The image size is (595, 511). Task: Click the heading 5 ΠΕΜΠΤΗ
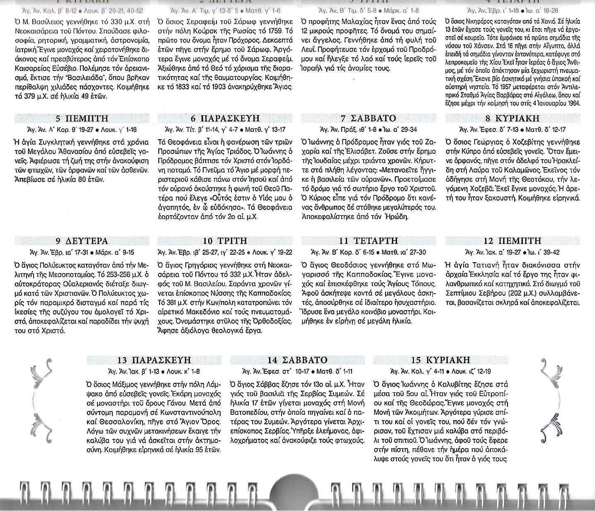tap(82, 119)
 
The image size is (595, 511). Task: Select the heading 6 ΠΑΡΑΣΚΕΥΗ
tap(225, 119)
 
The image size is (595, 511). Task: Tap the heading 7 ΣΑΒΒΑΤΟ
tap(369, 119)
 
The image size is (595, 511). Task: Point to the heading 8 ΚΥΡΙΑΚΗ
tap(512, 119)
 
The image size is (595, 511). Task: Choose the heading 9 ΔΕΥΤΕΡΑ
tap(82, 241)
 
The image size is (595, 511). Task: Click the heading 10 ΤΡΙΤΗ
tap(225, 241)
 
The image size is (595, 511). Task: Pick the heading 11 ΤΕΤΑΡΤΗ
tap(369, 241)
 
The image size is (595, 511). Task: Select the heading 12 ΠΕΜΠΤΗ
tap(512, 241)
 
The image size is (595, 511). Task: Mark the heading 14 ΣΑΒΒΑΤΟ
tap(297, 360)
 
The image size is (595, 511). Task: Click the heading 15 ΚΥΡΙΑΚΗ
tap(441, 360)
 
